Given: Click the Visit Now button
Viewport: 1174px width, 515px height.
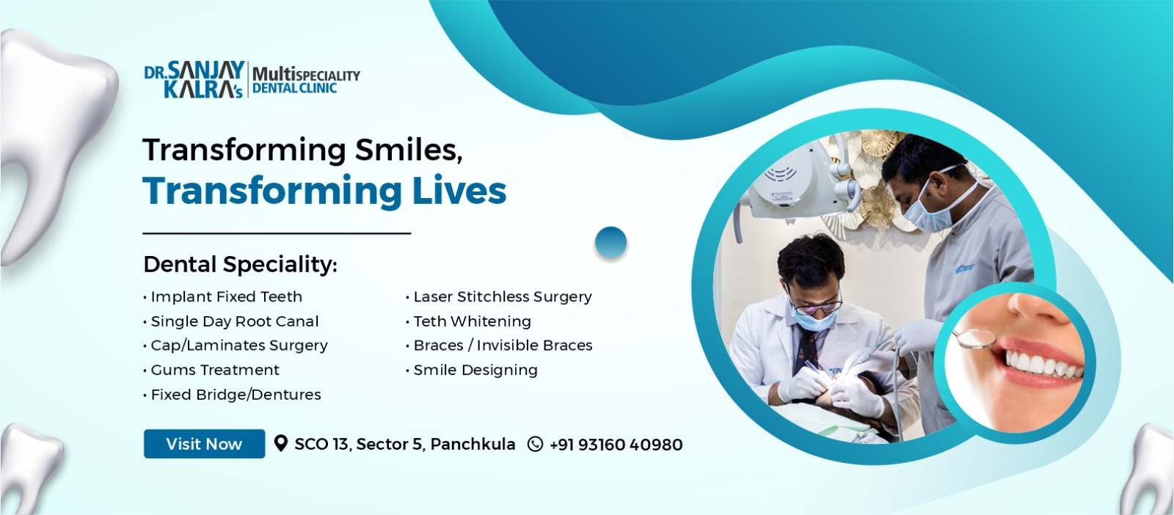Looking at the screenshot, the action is click(204, 444).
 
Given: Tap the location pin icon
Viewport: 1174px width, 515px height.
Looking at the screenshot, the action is click(281, 443).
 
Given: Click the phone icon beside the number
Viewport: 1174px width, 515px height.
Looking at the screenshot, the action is click(535, 445).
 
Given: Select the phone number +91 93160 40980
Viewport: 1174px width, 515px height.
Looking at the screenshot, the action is click(616, 445).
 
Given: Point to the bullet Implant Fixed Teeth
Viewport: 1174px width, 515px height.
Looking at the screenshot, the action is click(223, 296).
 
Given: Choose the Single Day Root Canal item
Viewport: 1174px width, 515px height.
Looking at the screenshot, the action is click(230, 321).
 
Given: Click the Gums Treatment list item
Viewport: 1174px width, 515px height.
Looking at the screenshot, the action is click(211, 370).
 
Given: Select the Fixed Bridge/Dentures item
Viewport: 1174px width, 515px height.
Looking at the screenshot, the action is click(232, 395).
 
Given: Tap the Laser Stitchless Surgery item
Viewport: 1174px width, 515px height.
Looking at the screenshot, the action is click(499, 297).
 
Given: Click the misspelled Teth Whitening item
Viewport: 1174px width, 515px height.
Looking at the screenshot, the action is click(469, 321).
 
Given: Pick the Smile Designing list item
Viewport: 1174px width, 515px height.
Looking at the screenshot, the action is click(472, 370).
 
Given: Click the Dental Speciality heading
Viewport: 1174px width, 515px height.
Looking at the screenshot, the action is click(240, 265).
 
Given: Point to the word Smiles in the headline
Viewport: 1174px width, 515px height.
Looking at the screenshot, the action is click(409, 150).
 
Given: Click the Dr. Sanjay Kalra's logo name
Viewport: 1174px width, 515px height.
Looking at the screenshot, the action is click(194, 80).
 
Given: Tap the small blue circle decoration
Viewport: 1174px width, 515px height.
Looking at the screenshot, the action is click(611, 243).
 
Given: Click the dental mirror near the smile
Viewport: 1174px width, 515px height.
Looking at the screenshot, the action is click(974, 338).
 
